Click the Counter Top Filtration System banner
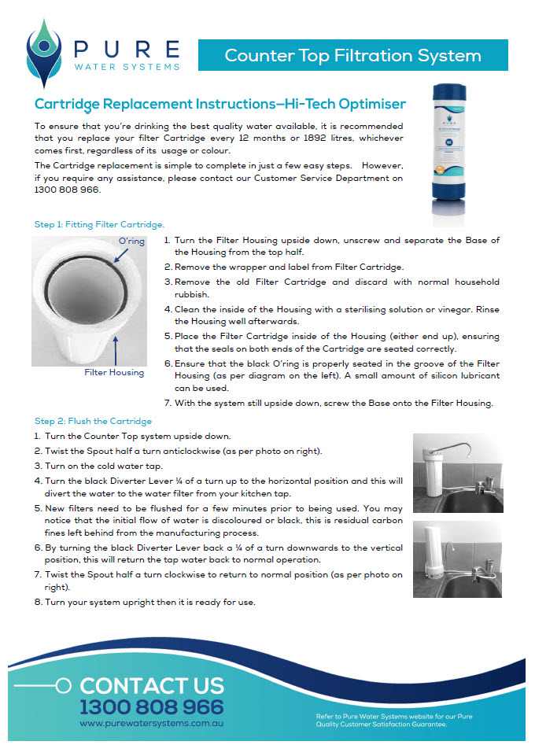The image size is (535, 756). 352,56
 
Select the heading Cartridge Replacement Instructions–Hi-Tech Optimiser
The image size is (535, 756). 220,104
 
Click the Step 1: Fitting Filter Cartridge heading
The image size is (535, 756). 99,224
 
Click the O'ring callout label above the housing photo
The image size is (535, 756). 131,241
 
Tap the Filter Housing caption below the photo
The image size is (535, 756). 114,372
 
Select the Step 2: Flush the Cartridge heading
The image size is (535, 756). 94,421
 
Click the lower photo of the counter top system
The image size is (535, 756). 457,559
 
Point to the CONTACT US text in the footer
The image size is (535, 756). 151,685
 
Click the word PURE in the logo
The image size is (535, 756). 126,49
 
